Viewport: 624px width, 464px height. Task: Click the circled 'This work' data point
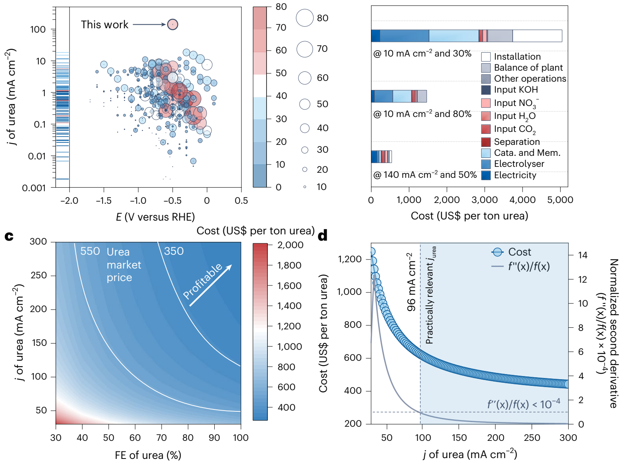click(x=173, y=24)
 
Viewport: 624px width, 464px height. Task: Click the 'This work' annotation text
click(x=105, y=25)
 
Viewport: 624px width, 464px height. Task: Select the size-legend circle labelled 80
click(x=305, y=18)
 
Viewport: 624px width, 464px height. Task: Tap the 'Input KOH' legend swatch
click(x=486, y=90)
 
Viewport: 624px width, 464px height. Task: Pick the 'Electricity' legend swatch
click(x=486, y=175)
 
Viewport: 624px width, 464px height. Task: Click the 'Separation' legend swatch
click(x=486, y=142)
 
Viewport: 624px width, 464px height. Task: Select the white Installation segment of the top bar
click(x=537, y=36)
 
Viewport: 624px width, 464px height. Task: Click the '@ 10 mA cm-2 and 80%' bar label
click(x=422, y=114)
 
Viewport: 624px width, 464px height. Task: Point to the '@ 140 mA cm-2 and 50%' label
click(x=425, y=175)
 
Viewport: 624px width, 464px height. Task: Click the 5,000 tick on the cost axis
click(x=560, y=200)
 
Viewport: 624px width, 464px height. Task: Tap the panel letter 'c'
click(x=9, y=236)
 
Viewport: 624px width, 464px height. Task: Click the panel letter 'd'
click(x=322, y=236)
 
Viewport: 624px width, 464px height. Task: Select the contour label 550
click(x=90, y=251)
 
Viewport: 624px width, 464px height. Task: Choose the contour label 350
click(x=174, y=251)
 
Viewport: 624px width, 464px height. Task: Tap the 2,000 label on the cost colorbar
click(x=290, y=245)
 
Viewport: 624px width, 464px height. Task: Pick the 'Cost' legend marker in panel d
click(x=497, y=252)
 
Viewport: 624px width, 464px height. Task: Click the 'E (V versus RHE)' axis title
click(x=155, y=217)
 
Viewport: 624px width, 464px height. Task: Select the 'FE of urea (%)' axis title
click(x=148, y=455)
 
